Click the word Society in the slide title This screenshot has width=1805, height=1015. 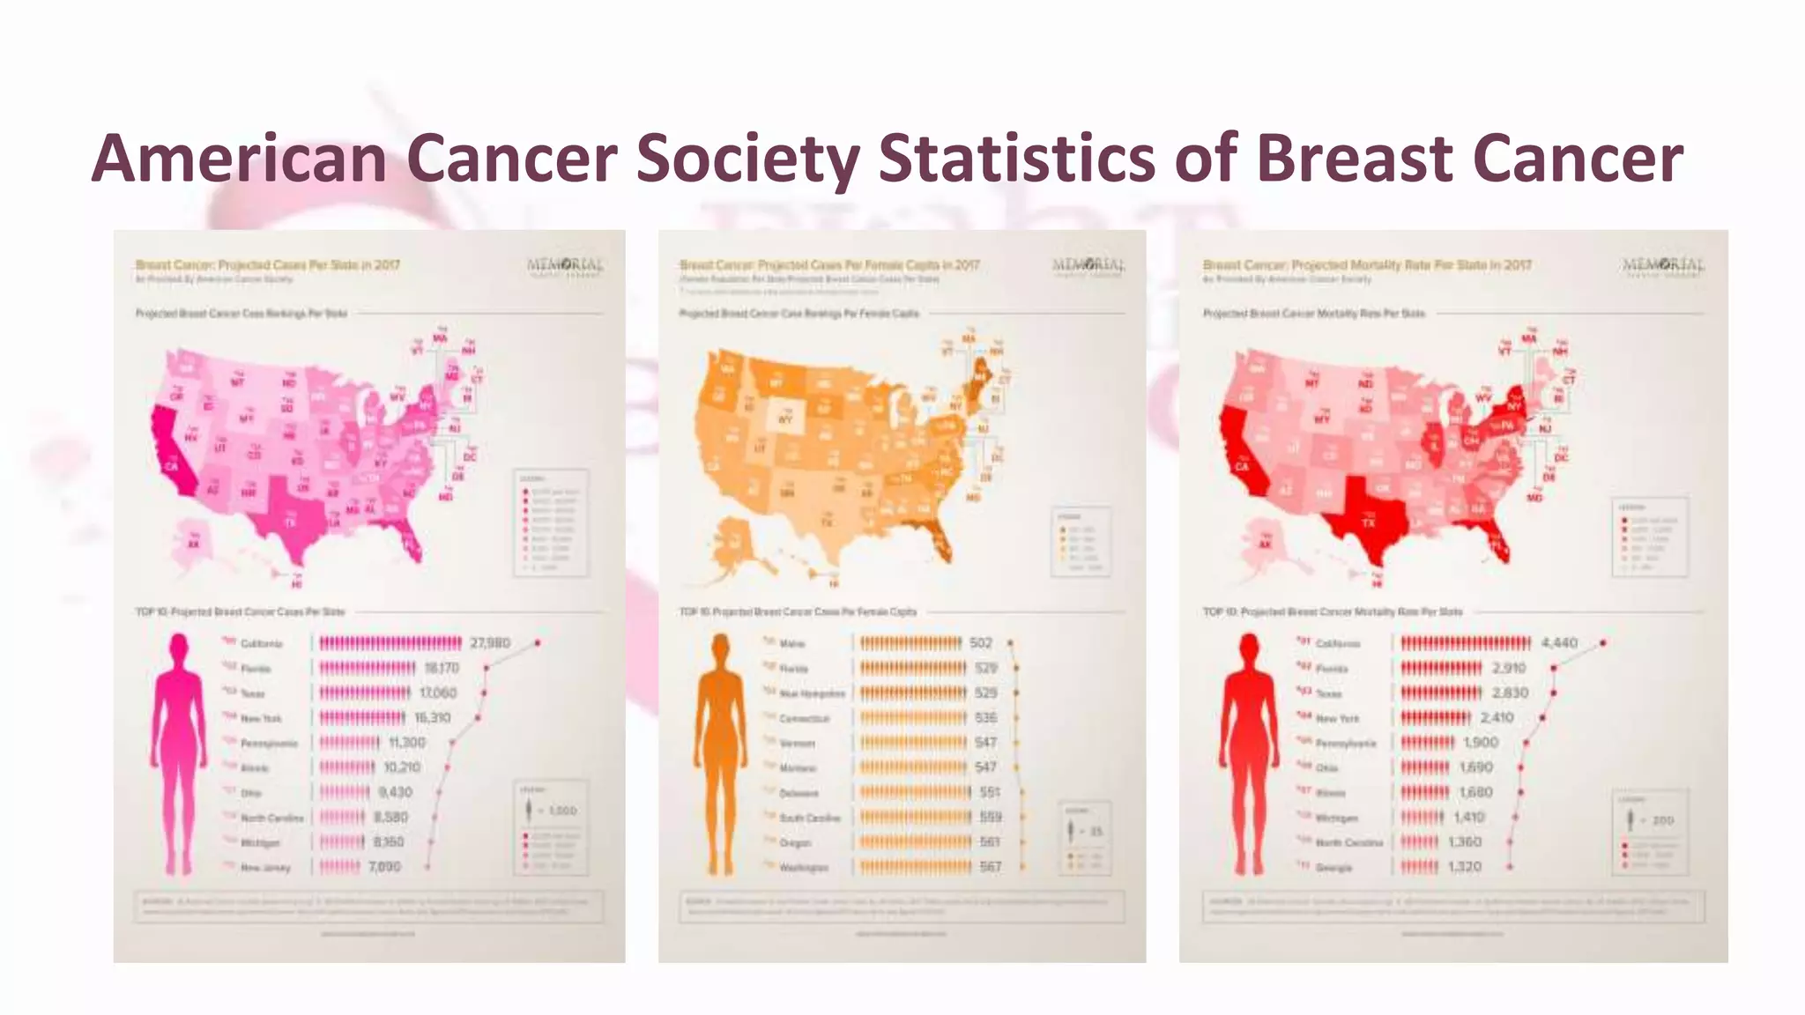pyautogui.click(x=747, y=159)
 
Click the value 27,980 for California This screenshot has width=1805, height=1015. pyautogui.click(x=490, y=643)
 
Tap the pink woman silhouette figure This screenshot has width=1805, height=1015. pyautogui.click(x=179, y=753)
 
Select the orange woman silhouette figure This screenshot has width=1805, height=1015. pyautogui.click(x=720, y=753)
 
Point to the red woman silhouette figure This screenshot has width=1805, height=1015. pyautogui.click(x=1248, y=753)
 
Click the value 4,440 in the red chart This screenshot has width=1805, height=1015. pyautogui.click(x=1559, y=643)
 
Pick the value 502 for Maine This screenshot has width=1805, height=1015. pyautogui.click(x=981, y=643)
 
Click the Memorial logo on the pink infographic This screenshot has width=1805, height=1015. pyautogui.click(x=565, y=266)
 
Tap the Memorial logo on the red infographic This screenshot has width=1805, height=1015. pyautogui.click(x=1662, y=266)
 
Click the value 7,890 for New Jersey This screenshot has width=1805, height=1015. pyautogui.click(x=384, y=867)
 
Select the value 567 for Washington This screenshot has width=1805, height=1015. pyautogui.click(x=991, y=867)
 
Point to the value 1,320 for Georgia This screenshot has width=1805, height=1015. pyautogui.click(x=1465, y=867)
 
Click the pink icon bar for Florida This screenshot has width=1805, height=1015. pyautogui.click(x=368, y=669)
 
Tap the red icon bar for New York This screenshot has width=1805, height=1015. pyautogui.click(x=1436, y=718)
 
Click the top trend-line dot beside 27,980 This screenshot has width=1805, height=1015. pyautogui.click(x=538, y=643)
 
